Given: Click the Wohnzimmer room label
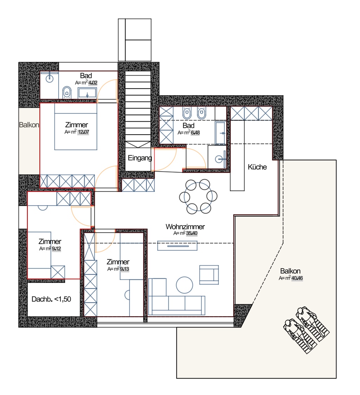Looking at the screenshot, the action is [x=185, y=226].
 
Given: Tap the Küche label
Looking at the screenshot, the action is [x=257, y=167].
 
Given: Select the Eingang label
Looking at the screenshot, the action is [x=140, y=158].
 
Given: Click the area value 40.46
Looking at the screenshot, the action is [x=297, y=278].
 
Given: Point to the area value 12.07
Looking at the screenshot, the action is [x=83, y=132].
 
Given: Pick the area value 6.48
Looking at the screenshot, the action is [x=195, y=132].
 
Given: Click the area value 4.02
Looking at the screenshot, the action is [x=93, y=83].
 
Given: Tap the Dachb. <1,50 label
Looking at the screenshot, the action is [x=51, y=299].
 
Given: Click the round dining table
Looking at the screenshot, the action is [x=198, y=196].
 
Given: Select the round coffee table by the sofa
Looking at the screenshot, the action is [x=184, y=285].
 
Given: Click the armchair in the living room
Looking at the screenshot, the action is [x=209, y=274].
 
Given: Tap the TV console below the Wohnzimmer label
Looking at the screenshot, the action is [x=177, y=246].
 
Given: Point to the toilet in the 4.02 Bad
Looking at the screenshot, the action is [x=67, y=93].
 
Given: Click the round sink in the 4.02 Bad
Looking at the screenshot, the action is [x=50, y=78].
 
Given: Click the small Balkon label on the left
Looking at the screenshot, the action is [x=29, y=125].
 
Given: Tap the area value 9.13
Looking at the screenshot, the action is [x=124, y=269].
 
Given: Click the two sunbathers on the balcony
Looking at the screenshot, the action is [x=306, y=330].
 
